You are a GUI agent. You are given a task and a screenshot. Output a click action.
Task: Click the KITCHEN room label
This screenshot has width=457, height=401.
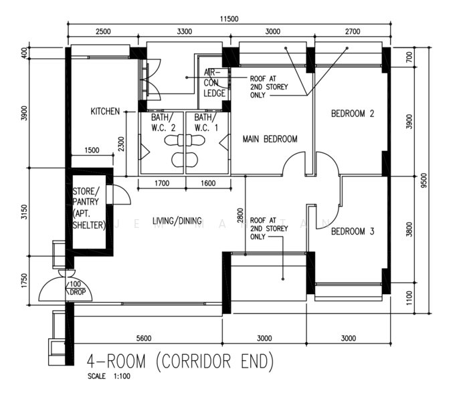point(105,111)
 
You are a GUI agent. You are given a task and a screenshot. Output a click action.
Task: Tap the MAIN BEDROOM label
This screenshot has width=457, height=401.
point(270,139)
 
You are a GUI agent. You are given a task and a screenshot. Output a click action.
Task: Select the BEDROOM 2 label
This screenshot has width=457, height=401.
point(353,113)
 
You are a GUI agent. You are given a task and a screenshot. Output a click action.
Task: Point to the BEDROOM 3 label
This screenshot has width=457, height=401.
point(353,231)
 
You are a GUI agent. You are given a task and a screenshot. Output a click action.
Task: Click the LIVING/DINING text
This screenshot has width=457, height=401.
point(177,221)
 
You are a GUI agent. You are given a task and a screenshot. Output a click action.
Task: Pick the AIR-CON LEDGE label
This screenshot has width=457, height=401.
point(214,83)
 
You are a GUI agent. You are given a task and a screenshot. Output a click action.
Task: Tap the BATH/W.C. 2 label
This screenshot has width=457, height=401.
point(163,122)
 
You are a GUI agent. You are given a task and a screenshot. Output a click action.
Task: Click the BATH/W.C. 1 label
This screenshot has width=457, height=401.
point(206,122)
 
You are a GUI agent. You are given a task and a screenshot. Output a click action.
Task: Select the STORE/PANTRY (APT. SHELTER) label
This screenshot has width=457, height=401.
point(88,209)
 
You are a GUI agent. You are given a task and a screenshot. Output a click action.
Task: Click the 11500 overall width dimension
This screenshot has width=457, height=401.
point(229,19)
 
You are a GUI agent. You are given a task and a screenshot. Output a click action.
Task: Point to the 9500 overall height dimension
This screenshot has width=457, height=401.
point(424,180)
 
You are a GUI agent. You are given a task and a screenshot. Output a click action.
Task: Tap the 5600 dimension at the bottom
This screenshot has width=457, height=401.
point(144,338)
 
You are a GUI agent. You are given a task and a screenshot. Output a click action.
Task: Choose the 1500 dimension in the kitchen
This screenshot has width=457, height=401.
point(92,150)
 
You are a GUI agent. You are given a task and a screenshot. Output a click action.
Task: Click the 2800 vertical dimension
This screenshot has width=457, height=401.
point(240,215)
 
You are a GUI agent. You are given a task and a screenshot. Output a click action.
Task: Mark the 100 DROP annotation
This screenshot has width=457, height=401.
point(76,288)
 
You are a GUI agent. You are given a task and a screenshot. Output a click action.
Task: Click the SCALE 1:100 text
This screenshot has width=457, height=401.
point(109,376)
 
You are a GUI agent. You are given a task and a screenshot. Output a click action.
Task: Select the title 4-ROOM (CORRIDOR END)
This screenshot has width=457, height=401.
point(181,362)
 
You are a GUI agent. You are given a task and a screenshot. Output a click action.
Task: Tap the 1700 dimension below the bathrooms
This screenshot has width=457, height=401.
point(162,183)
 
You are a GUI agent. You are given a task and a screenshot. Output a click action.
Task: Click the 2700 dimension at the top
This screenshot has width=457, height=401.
point(353,31)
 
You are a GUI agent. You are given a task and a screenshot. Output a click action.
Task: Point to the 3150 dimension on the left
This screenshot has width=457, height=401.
point(24,212)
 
